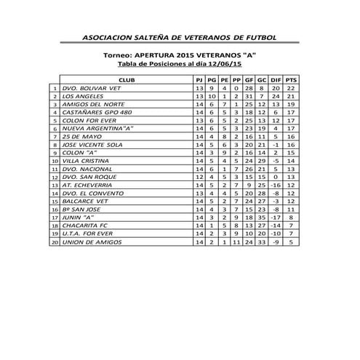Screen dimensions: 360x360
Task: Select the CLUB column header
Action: click(126, 79)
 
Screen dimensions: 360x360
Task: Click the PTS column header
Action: click(291, 79)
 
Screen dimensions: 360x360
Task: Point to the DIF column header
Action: click(275, 79)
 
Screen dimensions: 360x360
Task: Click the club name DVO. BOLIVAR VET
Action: click(91, 87)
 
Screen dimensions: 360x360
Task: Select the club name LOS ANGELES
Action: click(82, 96)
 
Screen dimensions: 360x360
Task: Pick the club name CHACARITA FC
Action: click(84, 225)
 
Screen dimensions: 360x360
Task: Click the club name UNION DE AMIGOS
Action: click(89, 241)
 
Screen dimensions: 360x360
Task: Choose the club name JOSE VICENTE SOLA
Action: click(91, 144)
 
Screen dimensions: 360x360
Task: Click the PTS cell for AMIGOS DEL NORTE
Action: click(291, 104)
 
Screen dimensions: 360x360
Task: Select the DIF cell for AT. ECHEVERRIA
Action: click(275, 185)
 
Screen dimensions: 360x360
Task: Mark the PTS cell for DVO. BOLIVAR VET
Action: click(291, 87)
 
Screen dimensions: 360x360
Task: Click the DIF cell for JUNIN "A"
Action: click(275, 217)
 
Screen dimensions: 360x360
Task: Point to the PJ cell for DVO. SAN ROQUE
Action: click(199, 177)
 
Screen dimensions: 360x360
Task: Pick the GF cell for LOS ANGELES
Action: click(248, 96)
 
